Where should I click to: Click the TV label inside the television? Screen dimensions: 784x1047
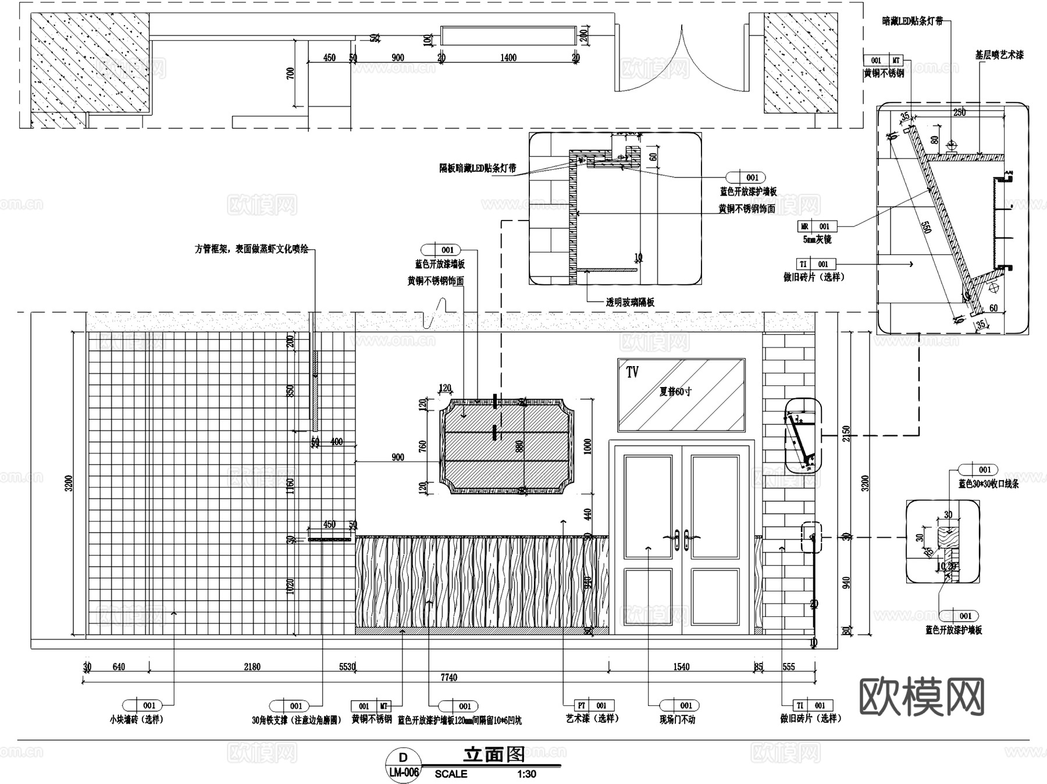pyautogui.click(x=632, y=372)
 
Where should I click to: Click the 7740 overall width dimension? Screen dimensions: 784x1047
pyautogui.click(x=448, y=677)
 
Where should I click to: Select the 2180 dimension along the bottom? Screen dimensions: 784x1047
pyautogui.click(x=252, y=667)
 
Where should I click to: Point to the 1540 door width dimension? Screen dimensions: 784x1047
pyautogui.click(x=681, y=667)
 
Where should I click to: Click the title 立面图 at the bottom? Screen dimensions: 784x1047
pyautogui.click(x=494, y=755)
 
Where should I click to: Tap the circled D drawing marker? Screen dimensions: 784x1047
pyautogui.click(x=403, y=757)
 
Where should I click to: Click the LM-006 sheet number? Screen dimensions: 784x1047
pyautogui.click(x=403, y=773)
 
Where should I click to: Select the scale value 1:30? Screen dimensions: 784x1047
pyautogui.click(x=526, y=774)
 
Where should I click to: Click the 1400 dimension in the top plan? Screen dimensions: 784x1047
pyautogui.click(x=508, y=58)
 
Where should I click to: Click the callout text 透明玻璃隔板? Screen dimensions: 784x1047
pyautogui.click(x=630, y=302)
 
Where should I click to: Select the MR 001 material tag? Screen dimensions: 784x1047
pyautogui.click(x=817, y=226)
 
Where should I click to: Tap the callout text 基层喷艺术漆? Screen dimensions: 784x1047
pyautogui.click(x=999, y=55)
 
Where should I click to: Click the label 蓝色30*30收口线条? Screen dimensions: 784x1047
pyautogui.click(x=988, y=484)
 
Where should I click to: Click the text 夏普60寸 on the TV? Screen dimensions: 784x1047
pyautogui.click(x=675, y=392)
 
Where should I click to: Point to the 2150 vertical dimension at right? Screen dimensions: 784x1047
pyautogui.click(x=846, y=434)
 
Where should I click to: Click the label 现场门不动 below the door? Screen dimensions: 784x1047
pyautogui.click(x=677, y=719)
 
